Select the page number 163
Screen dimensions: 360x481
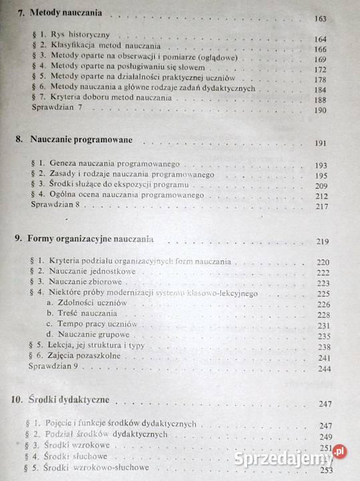click(x=319, y=19)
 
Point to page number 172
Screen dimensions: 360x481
click(x=320, y=69)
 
